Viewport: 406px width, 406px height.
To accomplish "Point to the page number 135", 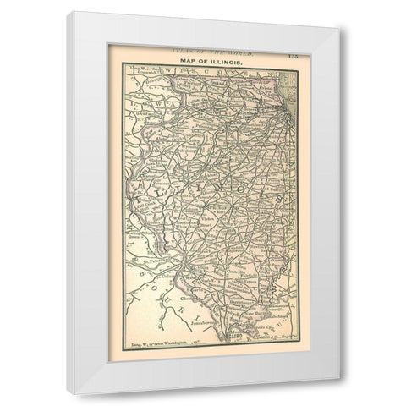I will [x=289, y=52].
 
